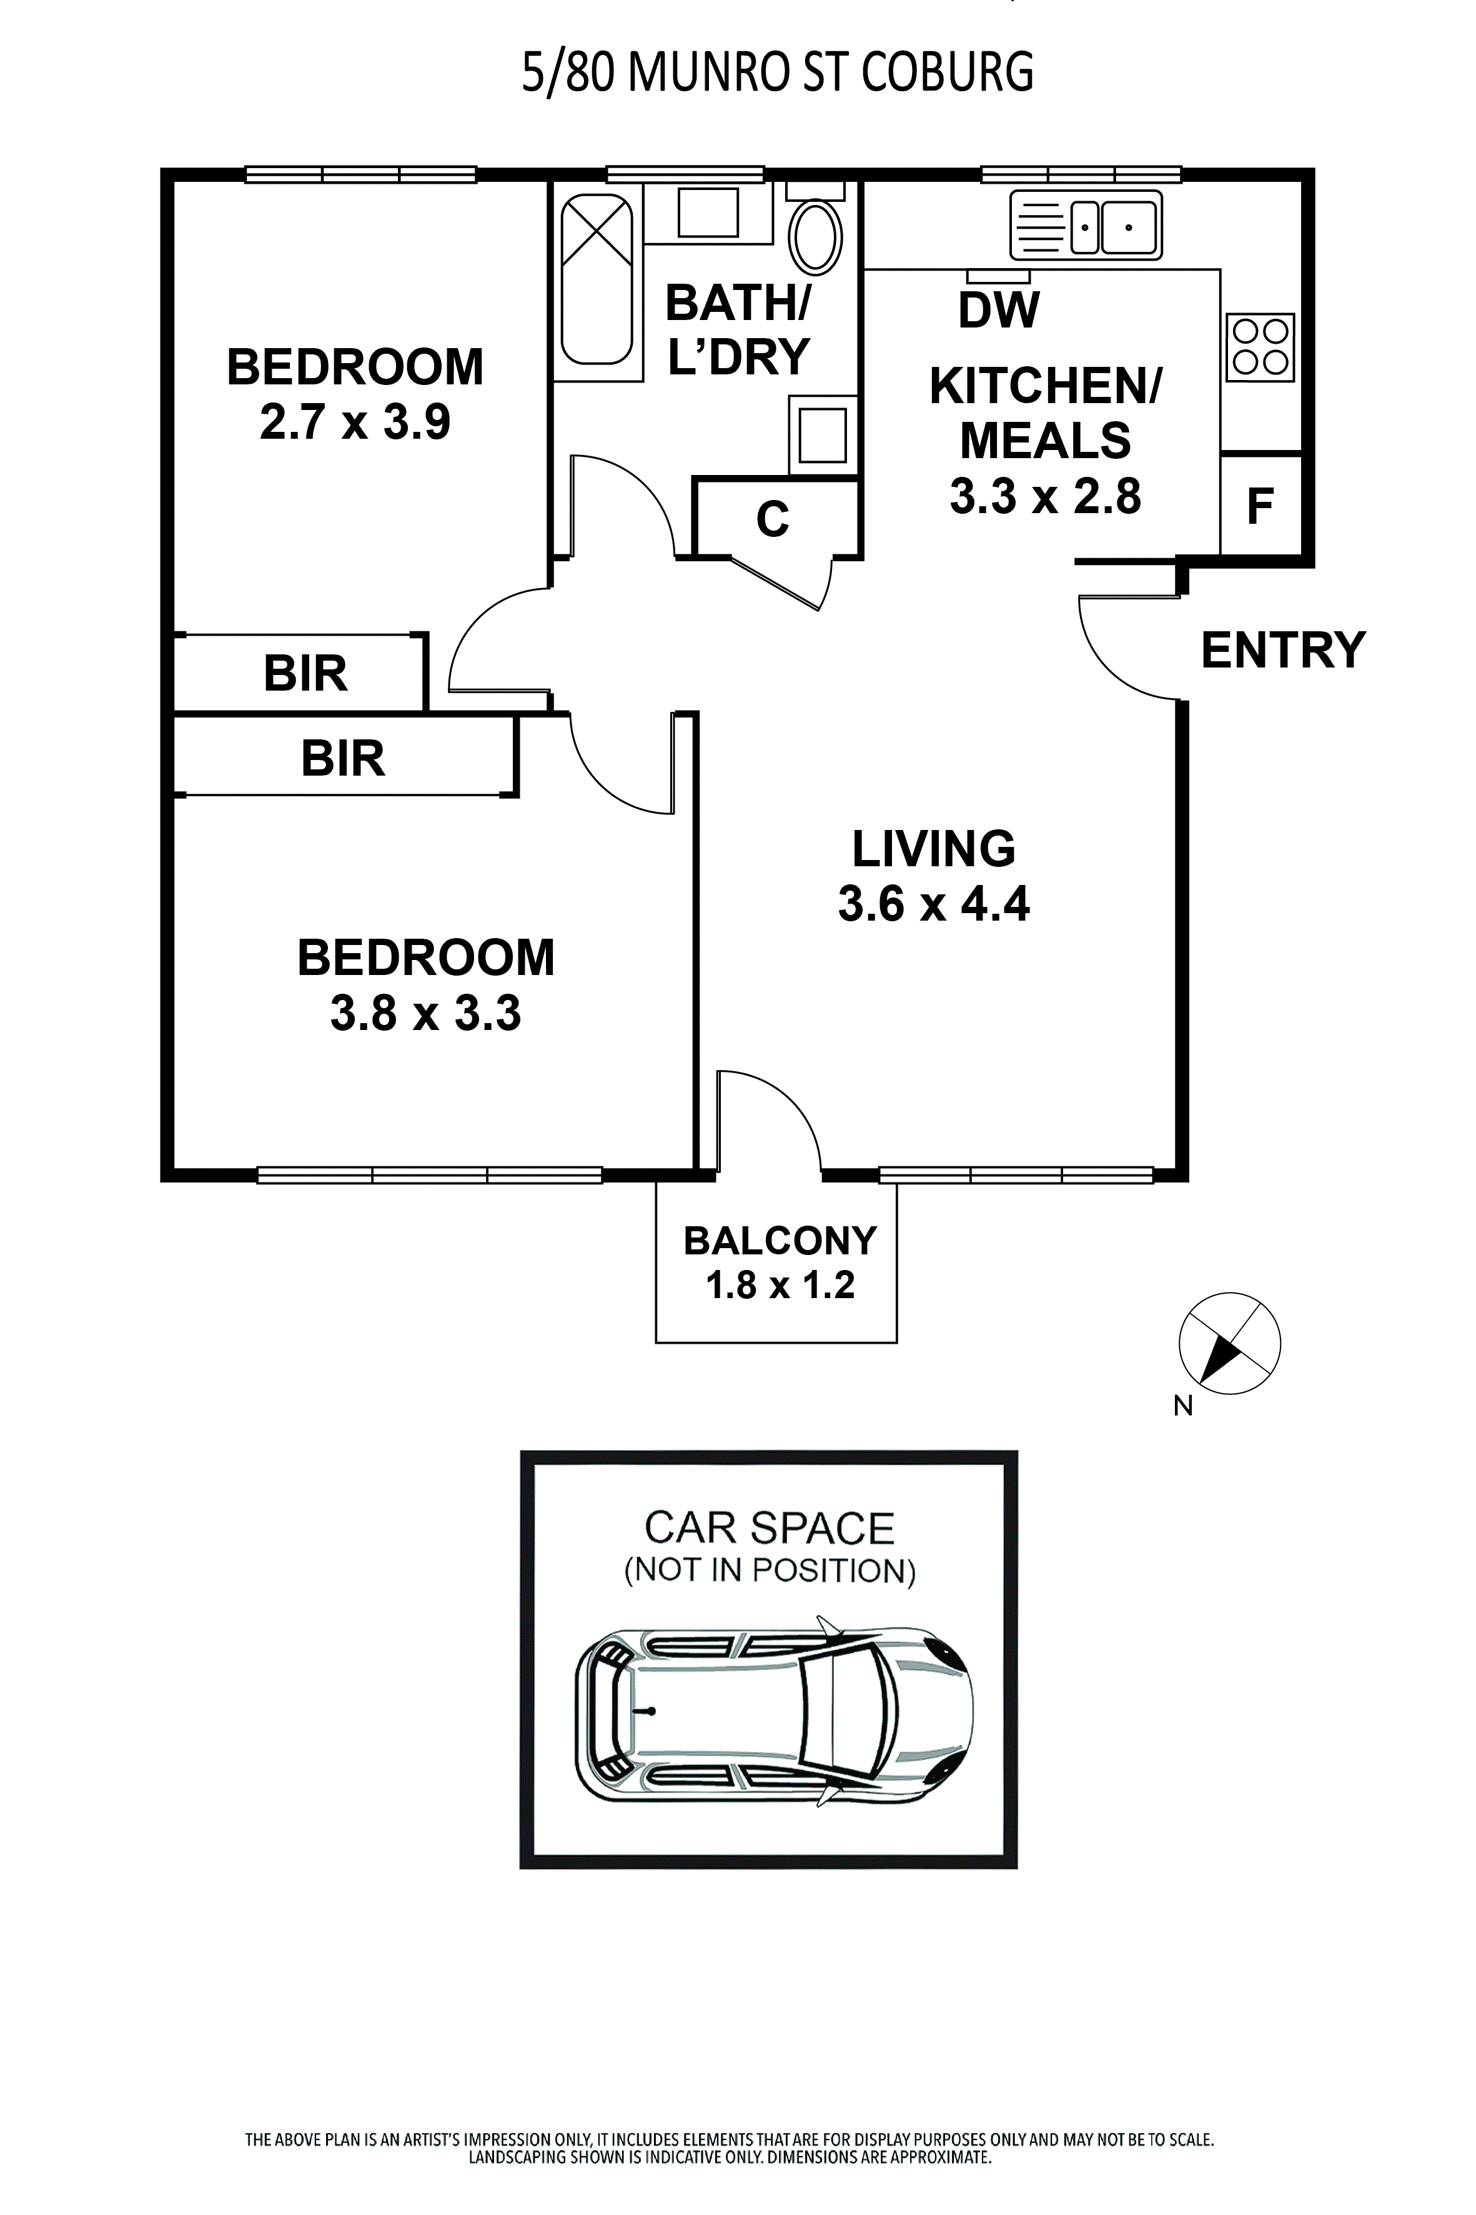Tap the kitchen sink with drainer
[x=1086, y=226]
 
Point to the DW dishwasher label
[x=999, y=311]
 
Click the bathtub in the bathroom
[x=596, y=278]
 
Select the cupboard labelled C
[x=773, y=518]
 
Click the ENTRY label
[x=1283, y=651]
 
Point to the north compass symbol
[x=1229, y=1344]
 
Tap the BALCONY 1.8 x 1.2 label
[x=780, y=1262]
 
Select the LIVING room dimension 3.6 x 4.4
[x=934, y=904]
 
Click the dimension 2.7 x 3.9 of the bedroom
[x=355, y=422]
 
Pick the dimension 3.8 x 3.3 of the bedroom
[x=425, y=1013]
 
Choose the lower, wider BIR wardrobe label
[x=343, y=758]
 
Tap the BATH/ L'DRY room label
[x=738, y=329]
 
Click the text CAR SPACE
[x=768, y=1529]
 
